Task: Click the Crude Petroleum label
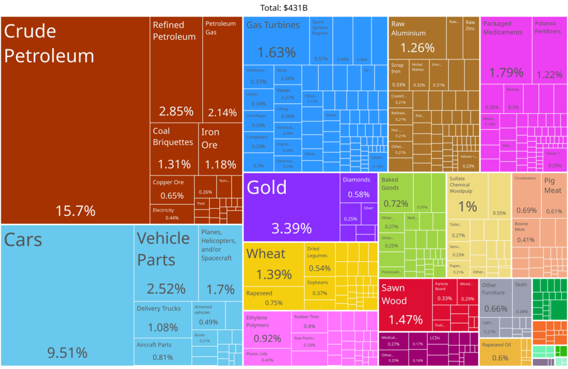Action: [x=49, y=44]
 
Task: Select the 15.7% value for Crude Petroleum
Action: [x=75, y=211]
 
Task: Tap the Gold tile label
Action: [x=266, y=187]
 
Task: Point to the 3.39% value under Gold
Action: [x=291, y=228]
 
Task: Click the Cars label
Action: [x=23, y=240]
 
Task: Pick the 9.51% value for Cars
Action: [x=67, y=353]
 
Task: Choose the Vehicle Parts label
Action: [x=164, y=249]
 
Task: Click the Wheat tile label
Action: [x=266, y=254]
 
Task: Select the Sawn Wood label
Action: [x=394, y=294]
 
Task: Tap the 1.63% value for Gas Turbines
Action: [x=276, y=53]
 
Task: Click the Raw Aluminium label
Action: [x=408, y=28]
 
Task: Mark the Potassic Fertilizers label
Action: [x=548, y=28]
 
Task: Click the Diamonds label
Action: [x=356, y=180]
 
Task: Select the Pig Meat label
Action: [x=553, y=186]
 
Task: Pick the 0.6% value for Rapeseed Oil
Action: [x=500, y=358]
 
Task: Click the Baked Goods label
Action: [x=390, y=184]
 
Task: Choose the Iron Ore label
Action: [x=210, y=138]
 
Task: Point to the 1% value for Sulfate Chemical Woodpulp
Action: [x=467, y=207]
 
